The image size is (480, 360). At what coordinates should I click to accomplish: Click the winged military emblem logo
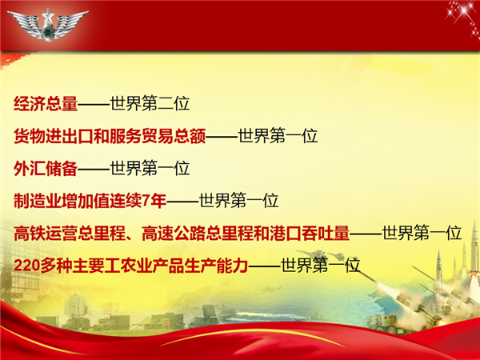pos(48,25)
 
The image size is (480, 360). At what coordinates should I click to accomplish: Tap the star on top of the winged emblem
pos(48,14)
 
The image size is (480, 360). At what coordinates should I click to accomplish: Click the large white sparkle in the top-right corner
pos(463,11)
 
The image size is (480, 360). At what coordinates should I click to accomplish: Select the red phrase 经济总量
pos(46,103)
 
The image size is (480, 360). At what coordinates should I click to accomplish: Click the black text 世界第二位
pos(150,103)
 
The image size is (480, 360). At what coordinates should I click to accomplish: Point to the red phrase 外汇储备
pos(46,168)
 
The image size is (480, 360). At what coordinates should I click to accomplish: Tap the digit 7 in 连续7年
pos(146,201)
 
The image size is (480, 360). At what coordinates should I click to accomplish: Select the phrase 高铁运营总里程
pos(70,233)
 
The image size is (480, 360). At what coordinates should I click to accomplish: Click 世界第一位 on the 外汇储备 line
pos(150,168)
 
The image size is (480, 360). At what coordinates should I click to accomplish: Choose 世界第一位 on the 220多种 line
pos(320,266)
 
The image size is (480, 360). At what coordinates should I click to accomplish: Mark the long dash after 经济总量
pos(94,104)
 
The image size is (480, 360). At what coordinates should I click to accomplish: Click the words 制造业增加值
pos(62,201)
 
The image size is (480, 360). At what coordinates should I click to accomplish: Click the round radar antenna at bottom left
pos(76,306)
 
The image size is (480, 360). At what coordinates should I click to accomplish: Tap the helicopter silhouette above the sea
pos(271,289)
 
